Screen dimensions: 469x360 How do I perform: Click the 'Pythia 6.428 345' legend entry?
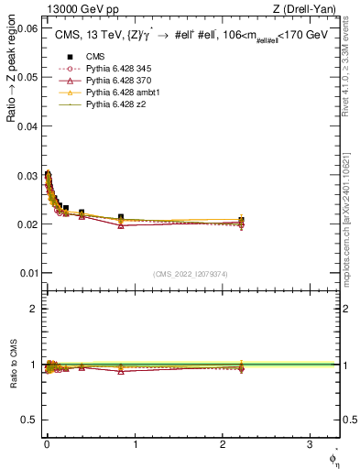(116, 70)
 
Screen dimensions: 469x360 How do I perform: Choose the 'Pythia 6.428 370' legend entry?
(116, 82)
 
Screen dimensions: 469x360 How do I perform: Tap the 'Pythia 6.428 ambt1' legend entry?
(120, 93)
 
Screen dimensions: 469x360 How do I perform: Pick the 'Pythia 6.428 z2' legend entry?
(113, 105)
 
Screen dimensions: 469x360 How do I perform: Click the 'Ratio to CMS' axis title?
(13, 365)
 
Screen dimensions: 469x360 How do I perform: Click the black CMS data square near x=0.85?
(121, 217)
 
